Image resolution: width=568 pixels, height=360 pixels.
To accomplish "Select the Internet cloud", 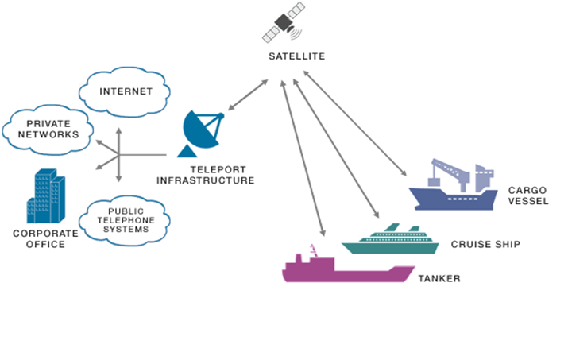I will (126, 91).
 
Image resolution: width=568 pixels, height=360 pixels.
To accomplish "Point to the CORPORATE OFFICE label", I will (45, 238).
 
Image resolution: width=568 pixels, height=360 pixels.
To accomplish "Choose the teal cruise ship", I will (390, 239).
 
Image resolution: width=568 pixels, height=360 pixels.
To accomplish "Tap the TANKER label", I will (439, 279).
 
